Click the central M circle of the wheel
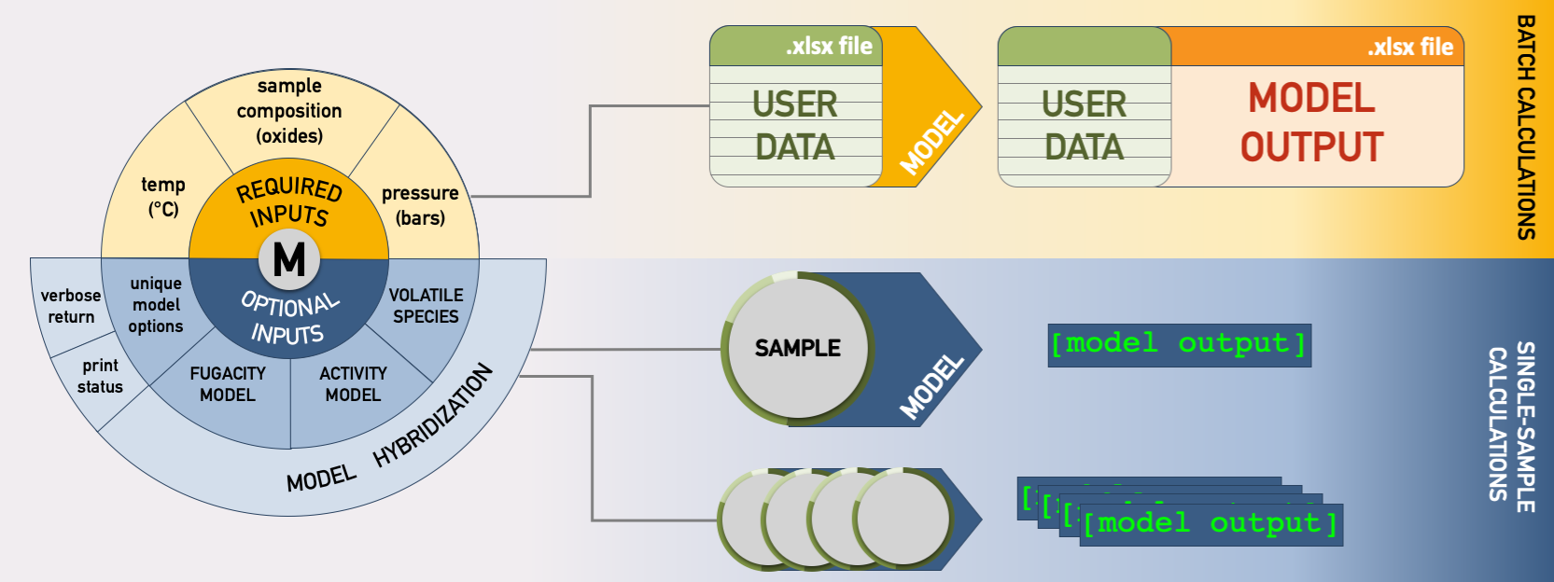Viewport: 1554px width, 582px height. pyautogui.click(x=289, y=259)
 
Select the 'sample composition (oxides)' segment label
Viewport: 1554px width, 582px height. pyautogui.click(x=289, y=111)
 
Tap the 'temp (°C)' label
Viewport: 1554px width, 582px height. pyautogui.click(x=163, y=196)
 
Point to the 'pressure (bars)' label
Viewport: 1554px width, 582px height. pyautogui.click(x=420, y=205)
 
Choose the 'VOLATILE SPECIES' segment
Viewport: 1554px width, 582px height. pyautogui.click(x=426, y=306)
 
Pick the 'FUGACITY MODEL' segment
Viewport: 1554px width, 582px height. pyautogui.click(x=228, y=383)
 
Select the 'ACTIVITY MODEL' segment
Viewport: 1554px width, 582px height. pyautogui.click(x=353, y=383)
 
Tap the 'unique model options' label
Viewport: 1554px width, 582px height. pyautogui.click(x=156, y=305)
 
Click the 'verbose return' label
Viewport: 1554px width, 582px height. pyautogui.click(x=71, y=306)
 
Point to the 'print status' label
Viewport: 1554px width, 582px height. pyautogui.click(x=100, y=376)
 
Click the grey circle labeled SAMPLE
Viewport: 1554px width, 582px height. pyautogui.click(x=798, y=348)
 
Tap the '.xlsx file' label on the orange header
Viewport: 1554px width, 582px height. pyautogui.click(x=1410, y=47)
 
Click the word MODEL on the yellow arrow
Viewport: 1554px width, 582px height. pyautogui.click(x=931, y=142)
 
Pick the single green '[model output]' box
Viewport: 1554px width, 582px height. pyautogui.click(x=1179, y=344)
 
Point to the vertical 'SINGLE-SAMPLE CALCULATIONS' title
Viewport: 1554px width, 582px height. pyautogui.click(x=1512, y=426)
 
